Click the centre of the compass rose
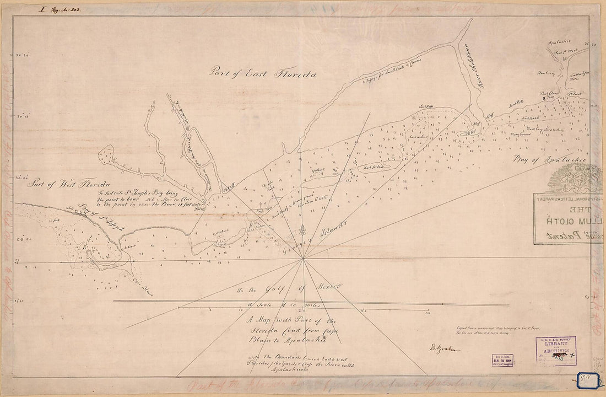[x=302, y=258]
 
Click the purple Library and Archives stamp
[x=555, y=351]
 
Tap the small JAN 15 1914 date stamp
[x=503, y=360]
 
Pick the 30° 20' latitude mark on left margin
[x=22, y=55]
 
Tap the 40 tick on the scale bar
[x=428, y=313]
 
